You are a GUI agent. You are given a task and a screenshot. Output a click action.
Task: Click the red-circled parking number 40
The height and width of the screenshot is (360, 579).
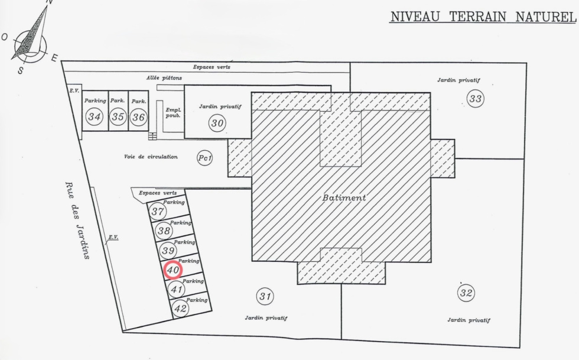click(173, 270)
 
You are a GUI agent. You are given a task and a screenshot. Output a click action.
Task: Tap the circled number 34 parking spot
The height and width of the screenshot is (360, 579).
click(94, 117)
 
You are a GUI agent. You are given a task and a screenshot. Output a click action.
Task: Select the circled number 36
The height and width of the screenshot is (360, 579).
click(138, 117)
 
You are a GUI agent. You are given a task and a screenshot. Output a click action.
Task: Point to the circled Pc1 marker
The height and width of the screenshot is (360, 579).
click(205, 158)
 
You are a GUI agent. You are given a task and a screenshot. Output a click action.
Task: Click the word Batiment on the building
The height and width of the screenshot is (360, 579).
click(344, 198)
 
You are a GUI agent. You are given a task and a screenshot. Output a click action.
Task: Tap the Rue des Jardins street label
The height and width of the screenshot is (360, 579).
click(77, 220)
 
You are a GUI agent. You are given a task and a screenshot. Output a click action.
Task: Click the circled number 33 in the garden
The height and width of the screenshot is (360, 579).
click(475, 99)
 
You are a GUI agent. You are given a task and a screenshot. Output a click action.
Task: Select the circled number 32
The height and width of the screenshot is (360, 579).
click(466, 293)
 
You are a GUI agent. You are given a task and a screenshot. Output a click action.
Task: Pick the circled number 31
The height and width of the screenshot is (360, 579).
click(265, 296)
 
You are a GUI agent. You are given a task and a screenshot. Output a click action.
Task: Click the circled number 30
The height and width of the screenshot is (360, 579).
click(217, 123)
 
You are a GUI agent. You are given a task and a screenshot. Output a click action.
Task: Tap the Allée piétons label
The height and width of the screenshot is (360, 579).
click(164, 78)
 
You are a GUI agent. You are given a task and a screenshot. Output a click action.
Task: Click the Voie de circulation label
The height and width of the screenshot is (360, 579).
click(151, 157)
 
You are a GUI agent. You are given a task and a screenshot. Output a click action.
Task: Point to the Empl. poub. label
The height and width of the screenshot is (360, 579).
click(173, 113)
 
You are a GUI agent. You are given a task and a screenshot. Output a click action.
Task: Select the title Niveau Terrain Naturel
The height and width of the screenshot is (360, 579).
click(483, 17)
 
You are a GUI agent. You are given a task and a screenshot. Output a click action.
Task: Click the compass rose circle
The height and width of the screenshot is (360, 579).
click(31, 47)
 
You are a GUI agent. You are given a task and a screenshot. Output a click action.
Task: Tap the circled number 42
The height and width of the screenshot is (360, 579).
click(180, 308)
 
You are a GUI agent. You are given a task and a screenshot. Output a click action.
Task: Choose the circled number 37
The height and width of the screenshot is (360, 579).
click(158, 212)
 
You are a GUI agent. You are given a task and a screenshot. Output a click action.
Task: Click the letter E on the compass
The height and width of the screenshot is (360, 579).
click(54, 58)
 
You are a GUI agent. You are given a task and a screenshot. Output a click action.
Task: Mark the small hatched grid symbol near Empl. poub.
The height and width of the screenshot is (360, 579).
click(152, 136)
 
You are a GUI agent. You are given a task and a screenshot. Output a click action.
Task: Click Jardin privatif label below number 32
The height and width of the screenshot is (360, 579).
click(469, 320)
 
